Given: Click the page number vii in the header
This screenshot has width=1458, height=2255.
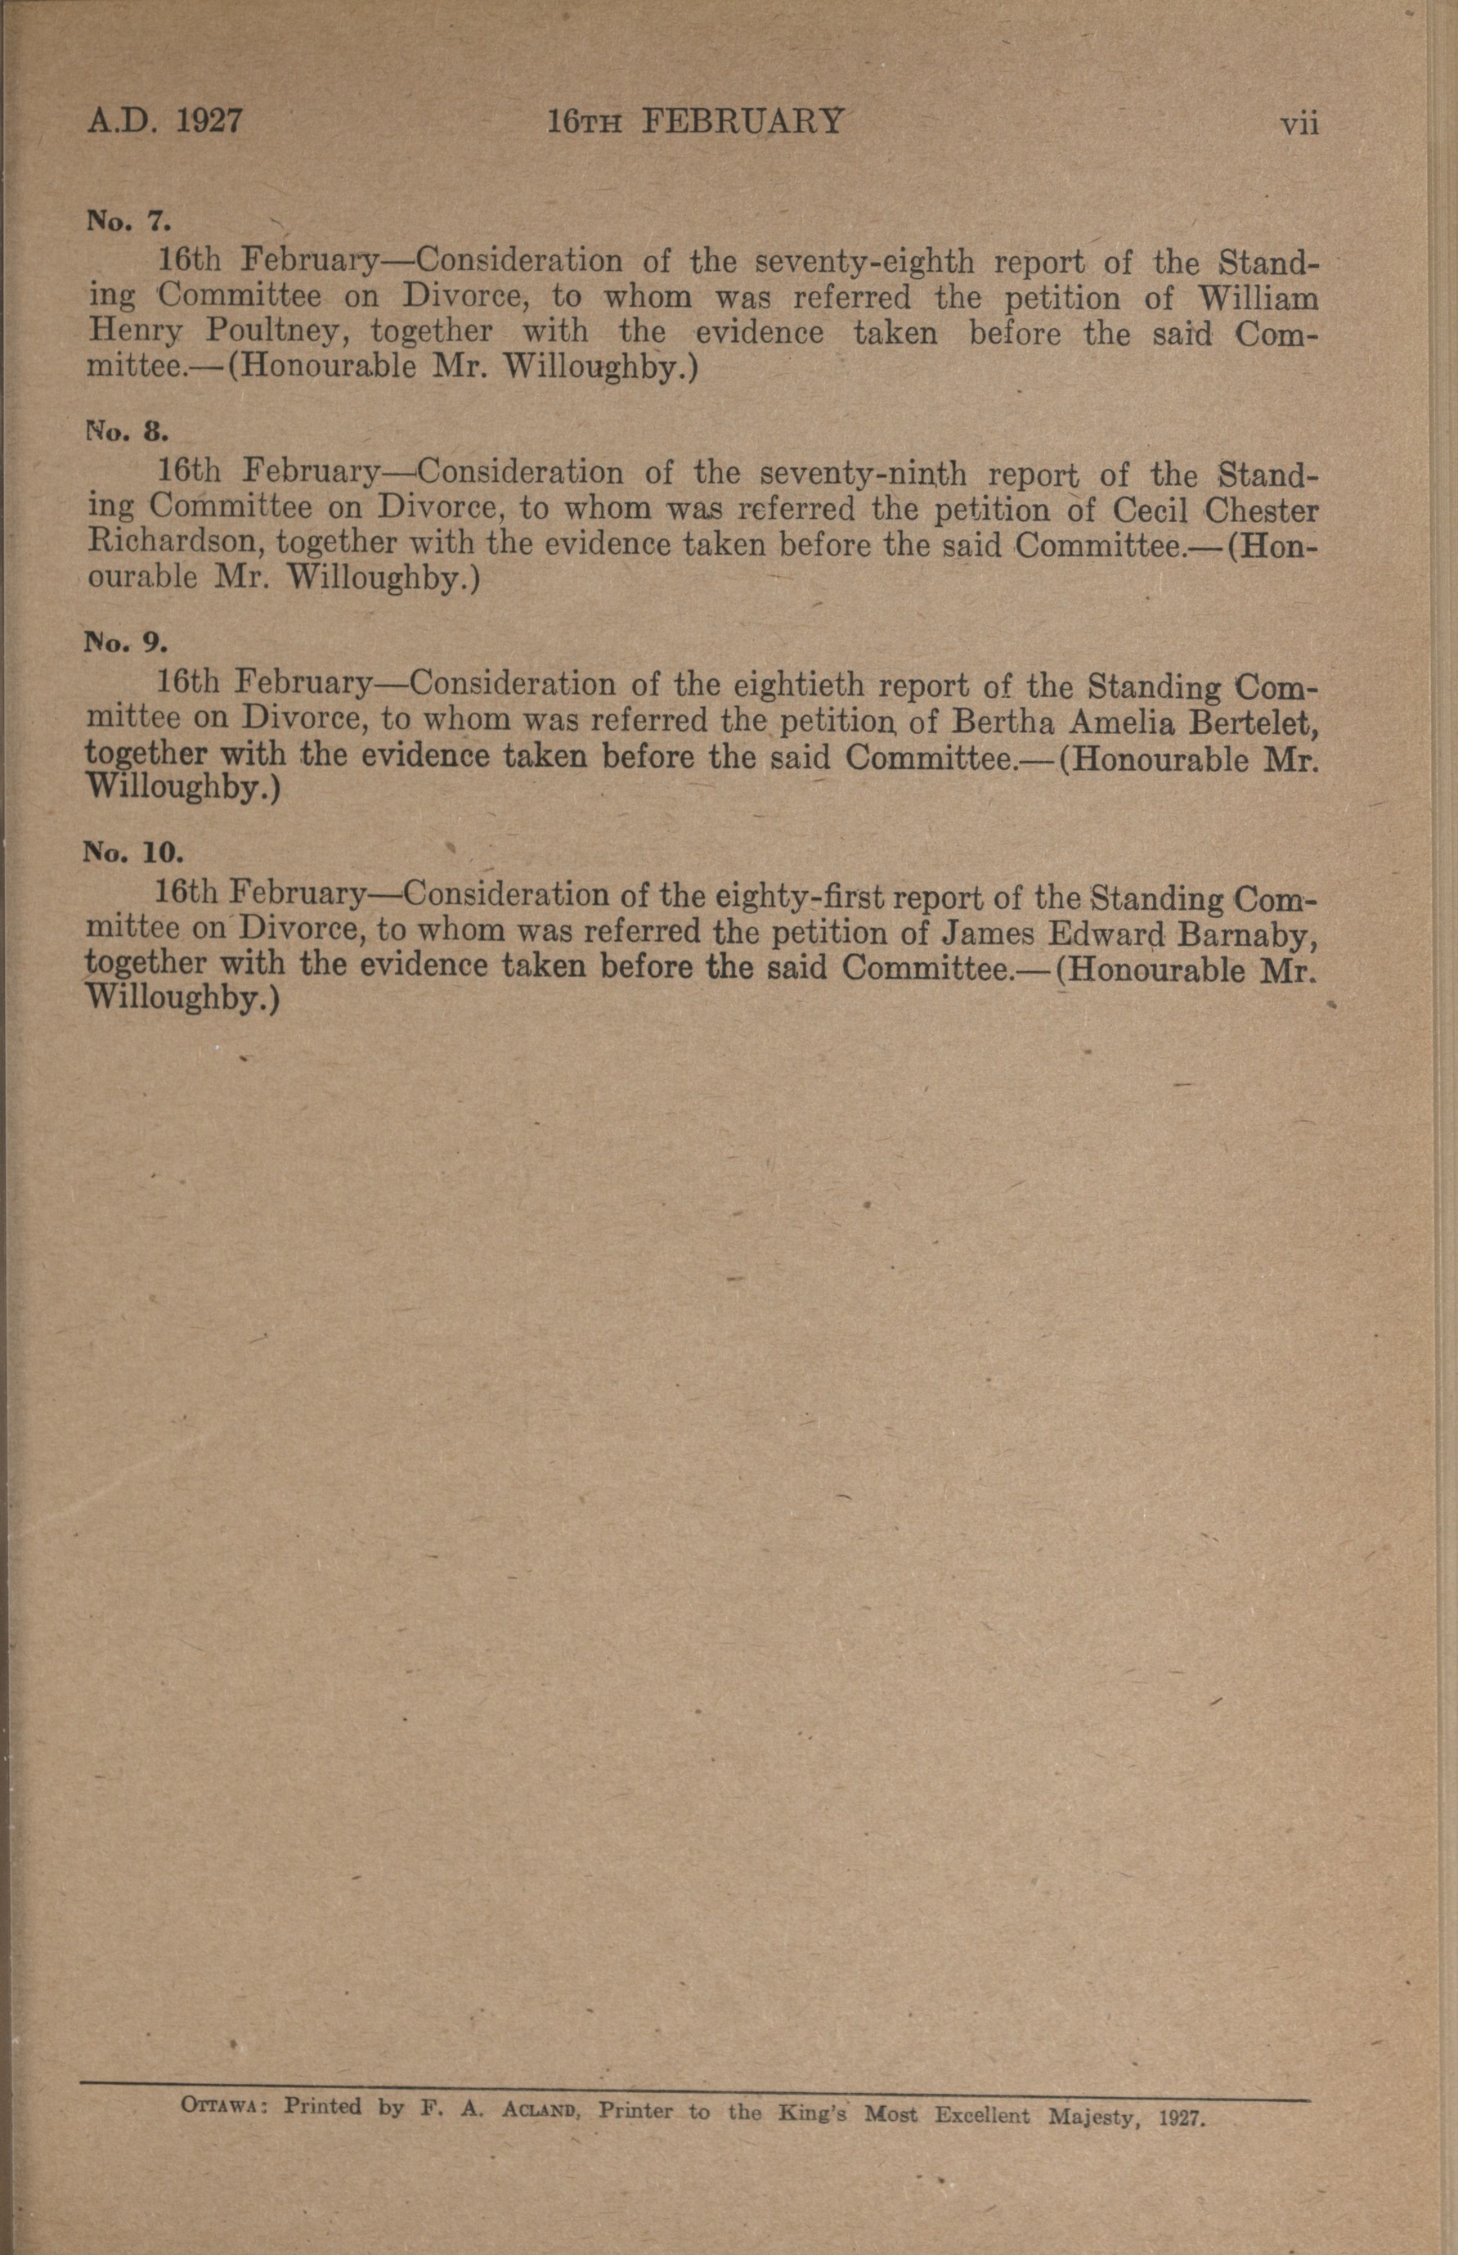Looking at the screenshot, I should tap(1299, 123).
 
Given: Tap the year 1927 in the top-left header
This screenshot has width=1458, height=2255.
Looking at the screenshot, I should tap(209, 121).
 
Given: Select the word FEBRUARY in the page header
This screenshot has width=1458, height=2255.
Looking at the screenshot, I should tap(742, 121).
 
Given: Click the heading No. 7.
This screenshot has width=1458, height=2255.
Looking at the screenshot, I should tap(128, 222).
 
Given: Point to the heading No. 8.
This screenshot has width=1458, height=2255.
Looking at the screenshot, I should tap(128, 433).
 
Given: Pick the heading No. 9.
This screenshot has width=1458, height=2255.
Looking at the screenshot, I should tap(127, 643).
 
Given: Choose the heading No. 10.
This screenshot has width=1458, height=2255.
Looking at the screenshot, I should tap(132, 853).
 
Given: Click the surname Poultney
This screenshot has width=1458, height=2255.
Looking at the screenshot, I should tap(276, 332).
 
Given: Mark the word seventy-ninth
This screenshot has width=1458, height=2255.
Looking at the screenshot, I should tap(864, 473).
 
